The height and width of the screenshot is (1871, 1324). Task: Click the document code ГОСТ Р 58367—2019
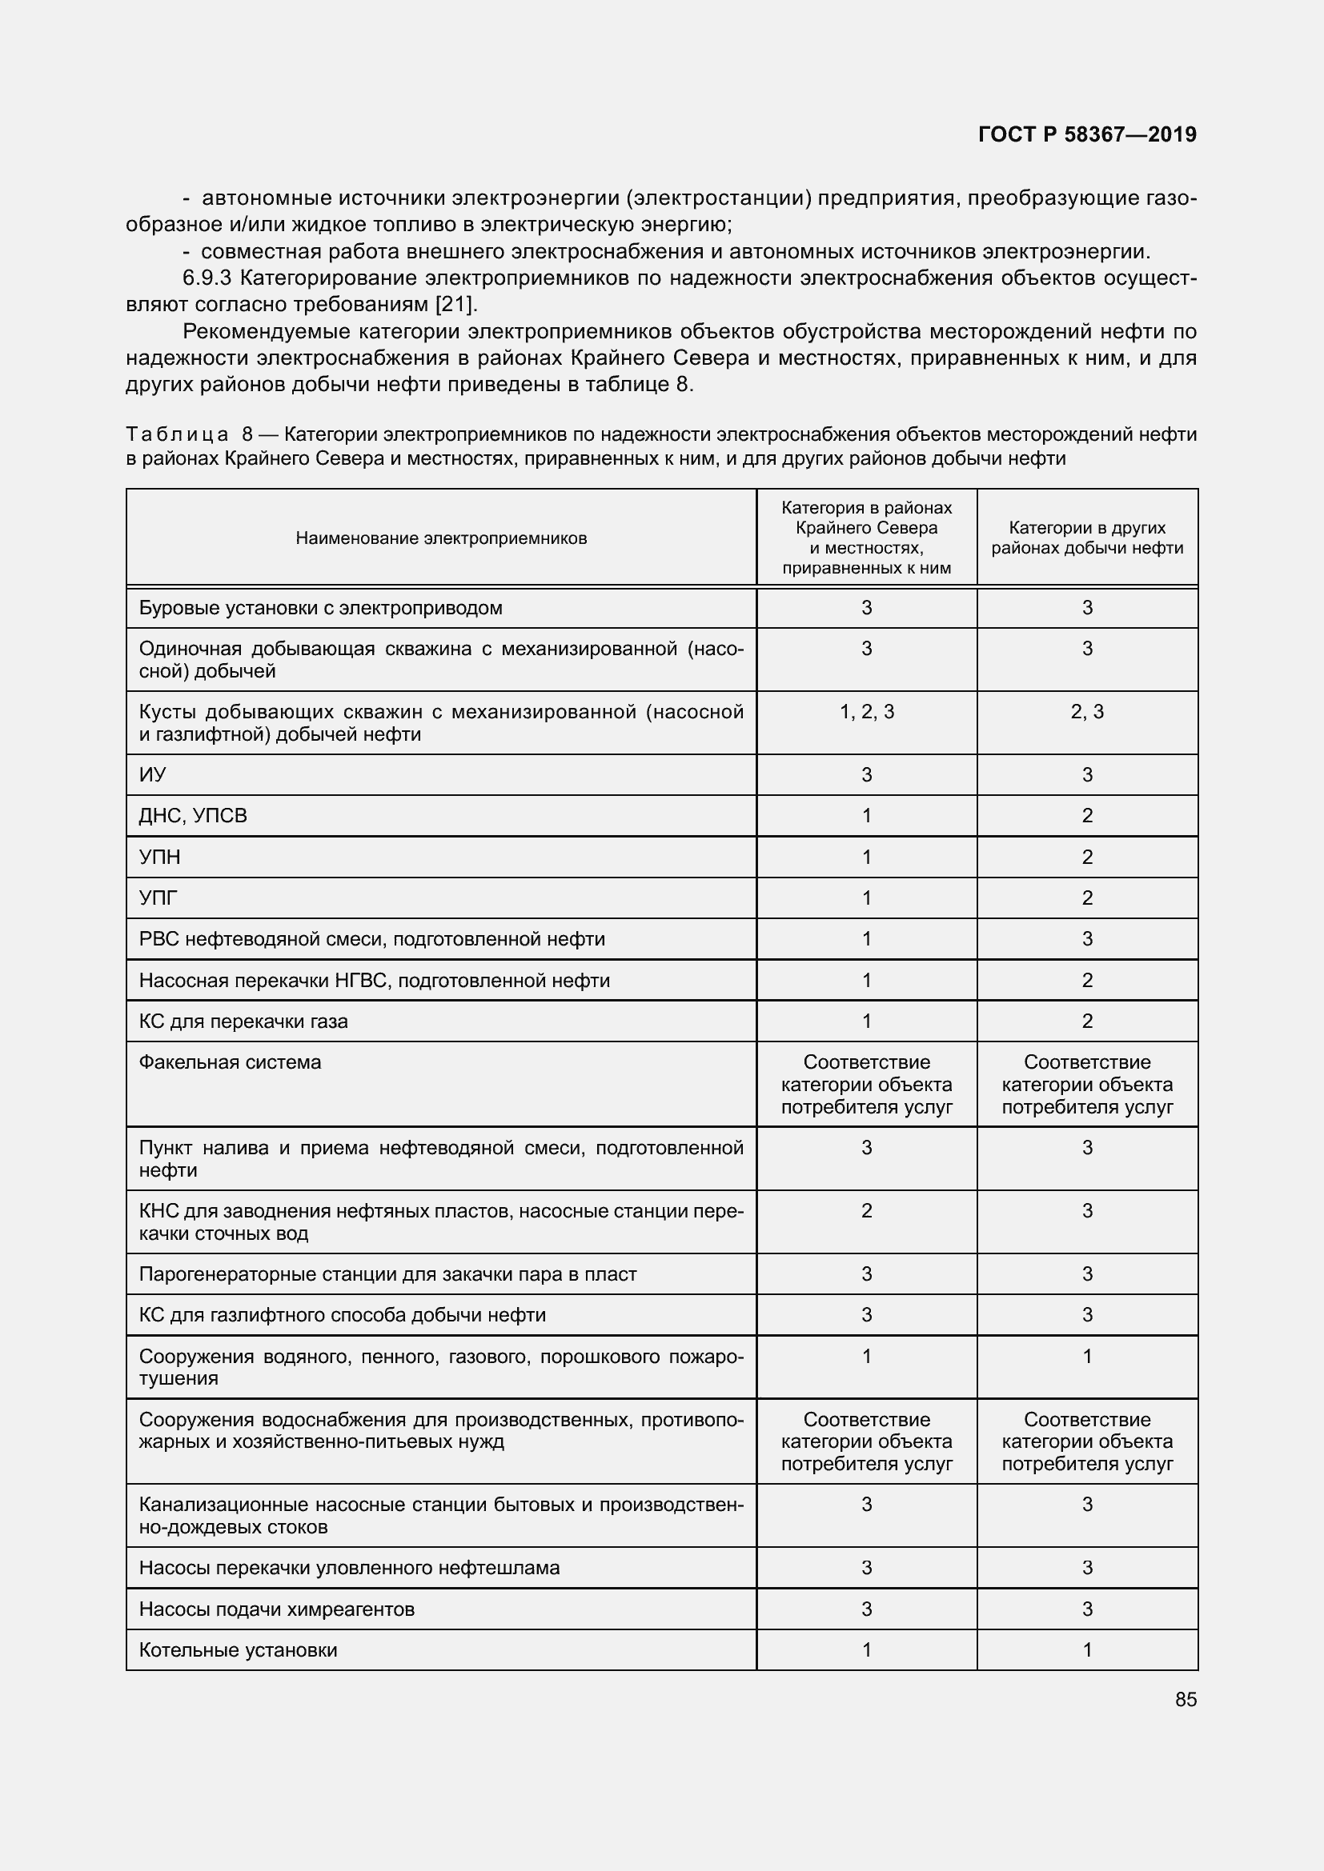click(1087, 134)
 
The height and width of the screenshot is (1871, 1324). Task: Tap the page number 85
click(1186, 1699)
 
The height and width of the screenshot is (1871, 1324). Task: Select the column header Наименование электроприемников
click(441, 538)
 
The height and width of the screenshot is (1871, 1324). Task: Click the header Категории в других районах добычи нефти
click(1087, 538)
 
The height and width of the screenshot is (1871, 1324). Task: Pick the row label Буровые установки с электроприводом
click(320, 608)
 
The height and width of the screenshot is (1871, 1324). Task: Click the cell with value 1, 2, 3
click(867, 711)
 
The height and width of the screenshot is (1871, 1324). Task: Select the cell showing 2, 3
click(1087, 711)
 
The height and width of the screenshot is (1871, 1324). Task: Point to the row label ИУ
click(152, 775)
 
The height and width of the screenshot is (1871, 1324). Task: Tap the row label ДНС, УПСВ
click(193, 816)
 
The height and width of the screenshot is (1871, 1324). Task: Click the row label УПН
click(160, 858)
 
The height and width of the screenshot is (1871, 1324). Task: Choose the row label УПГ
click(158, 898)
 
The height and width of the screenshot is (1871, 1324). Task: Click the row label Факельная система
click(230, 1061)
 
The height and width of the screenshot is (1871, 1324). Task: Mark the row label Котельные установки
click(238, 1650)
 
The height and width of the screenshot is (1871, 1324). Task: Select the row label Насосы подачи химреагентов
click(276, 1609)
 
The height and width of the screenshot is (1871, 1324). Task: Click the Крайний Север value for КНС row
click(867, 1211)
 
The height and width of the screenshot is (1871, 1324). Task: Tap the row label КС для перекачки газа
click(243, 1021)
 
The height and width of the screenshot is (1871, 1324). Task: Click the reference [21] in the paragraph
click(454, 305)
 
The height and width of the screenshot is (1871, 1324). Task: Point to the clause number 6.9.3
click(207, 278)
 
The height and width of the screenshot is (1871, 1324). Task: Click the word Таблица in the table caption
click(177, 435)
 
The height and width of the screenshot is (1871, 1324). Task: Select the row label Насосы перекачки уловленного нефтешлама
click(349, 1568)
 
